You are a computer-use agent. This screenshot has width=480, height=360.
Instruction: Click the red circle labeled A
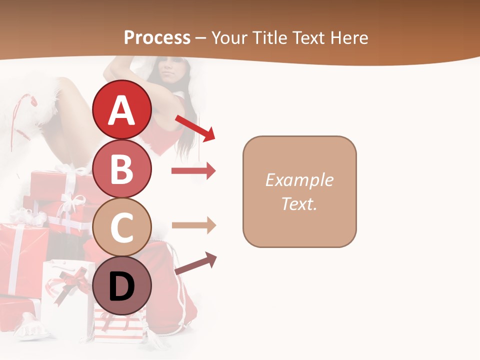tap(121, 109)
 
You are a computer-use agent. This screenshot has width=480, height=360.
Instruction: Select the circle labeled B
tap(121, 168)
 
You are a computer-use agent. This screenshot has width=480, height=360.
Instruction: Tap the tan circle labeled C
tap(121, 227)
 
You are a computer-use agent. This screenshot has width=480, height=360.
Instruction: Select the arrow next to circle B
tap(193, 171)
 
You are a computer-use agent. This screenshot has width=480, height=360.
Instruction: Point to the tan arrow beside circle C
tap(193, 225)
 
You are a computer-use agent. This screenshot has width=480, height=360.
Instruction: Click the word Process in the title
tap(157, 37)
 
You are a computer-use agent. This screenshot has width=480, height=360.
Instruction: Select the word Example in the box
tap(299, 180)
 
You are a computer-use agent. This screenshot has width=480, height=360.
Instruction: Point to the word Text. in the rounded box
tap(299, 203)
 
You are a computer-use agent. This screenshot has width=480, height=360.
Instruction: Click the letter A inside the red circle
tap(121, 110)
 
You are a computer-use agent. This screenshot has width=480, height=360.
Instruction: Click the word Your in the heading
tap(228, 37)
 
